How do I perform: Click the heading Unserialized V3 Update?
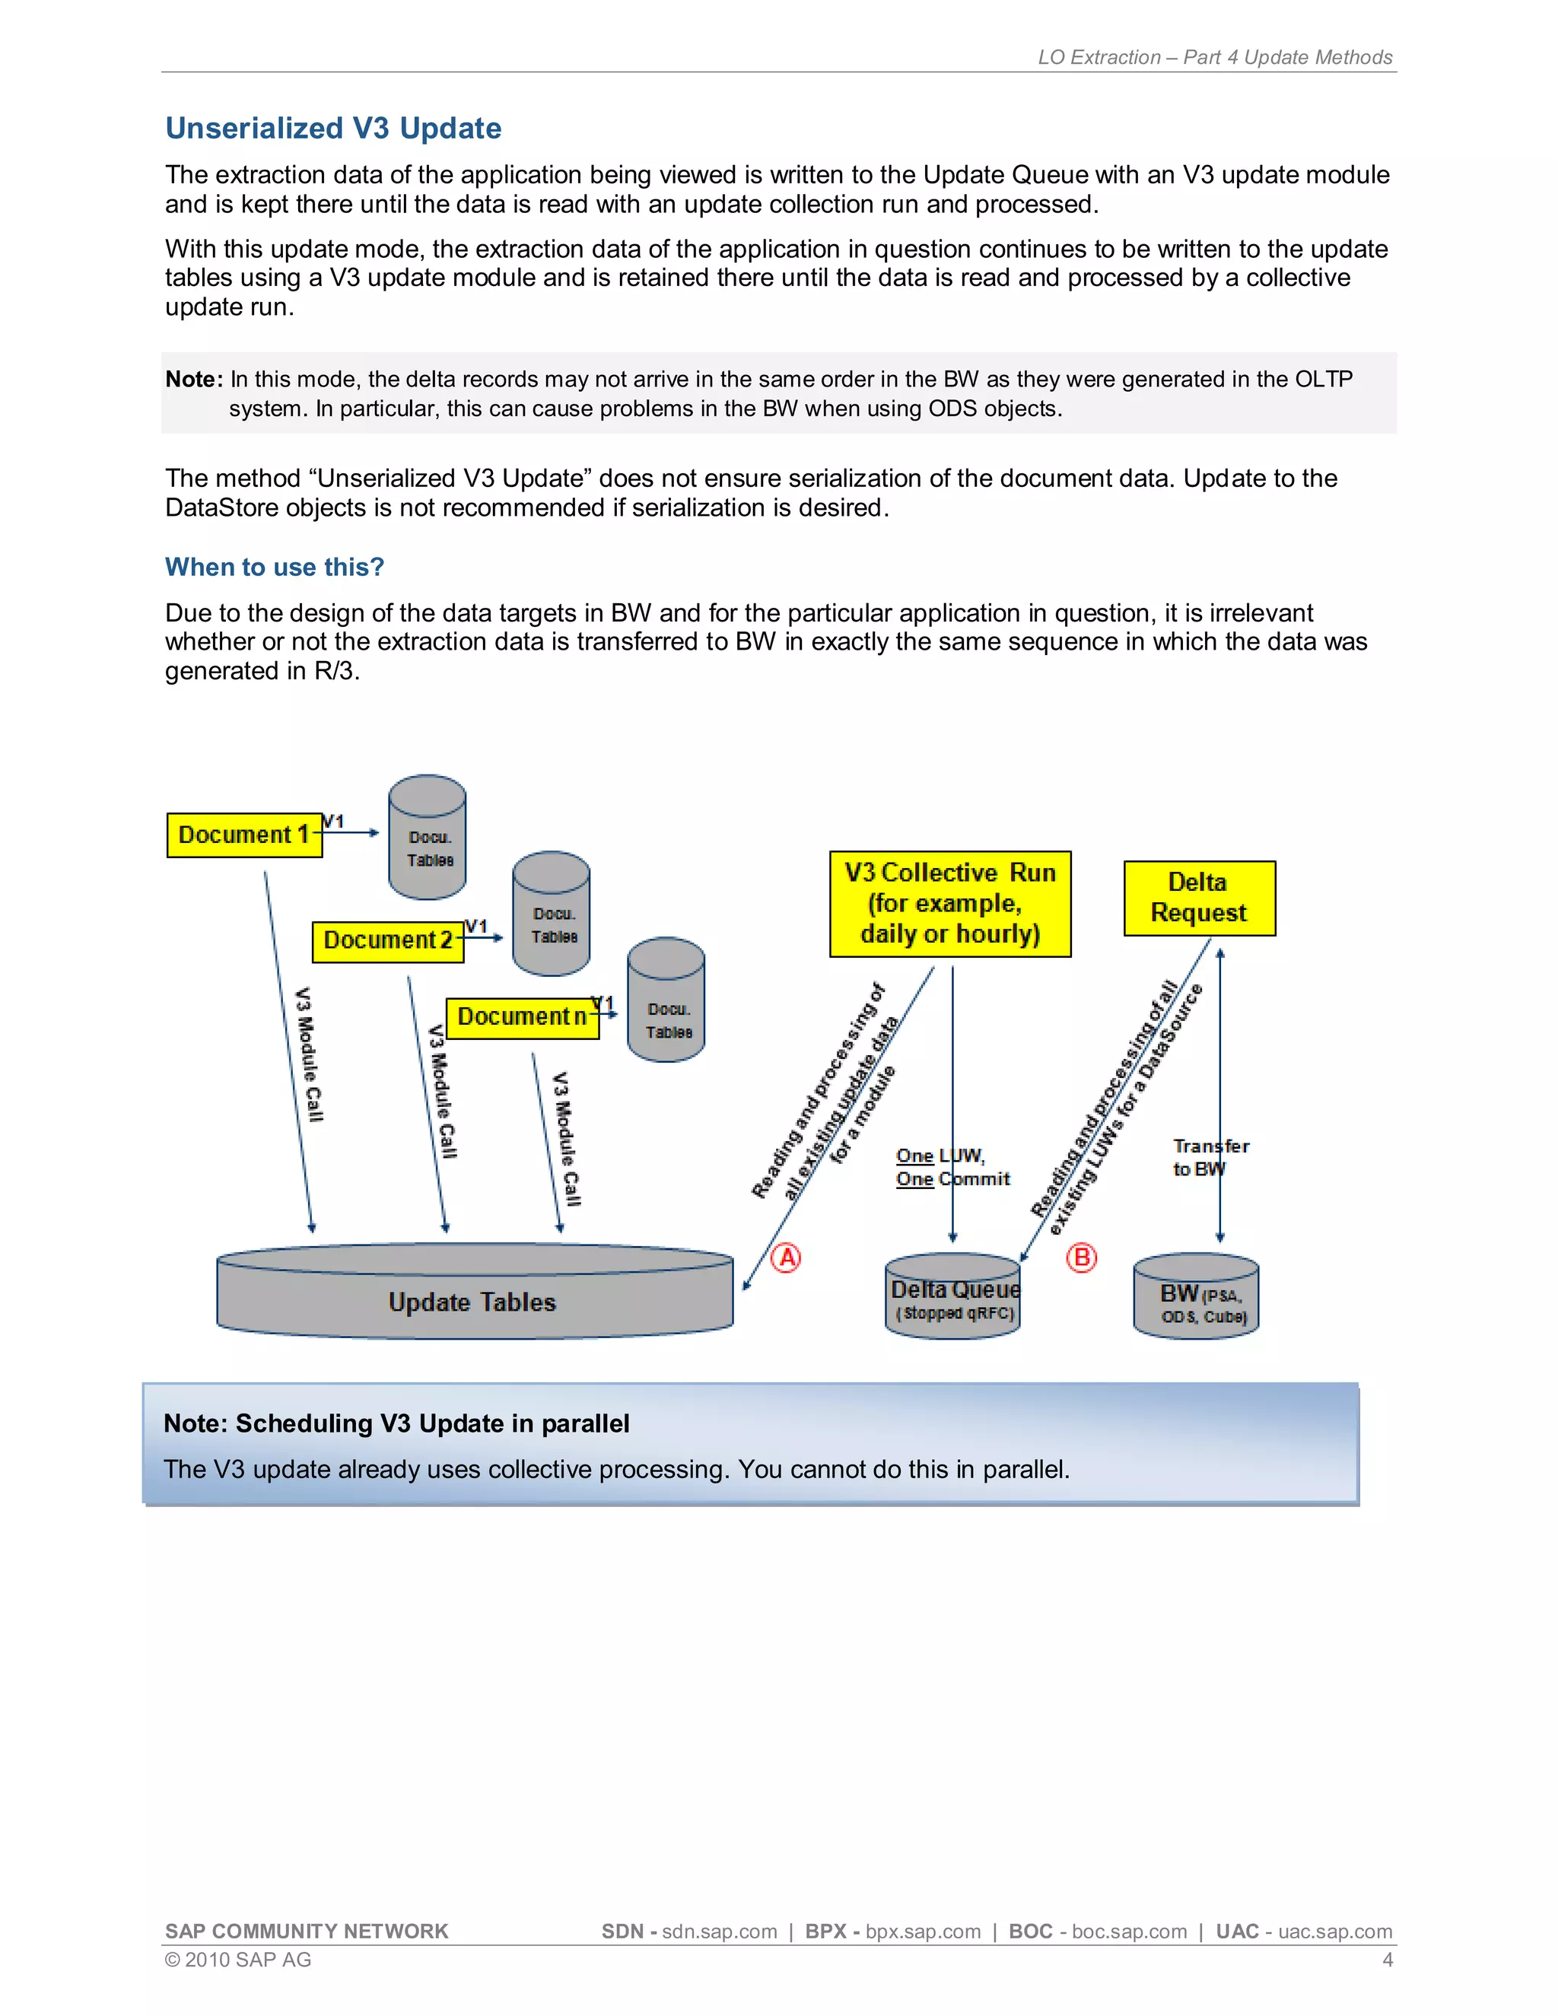(x=332, y=129)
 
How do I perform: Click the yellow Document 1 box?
(x=243, y=835)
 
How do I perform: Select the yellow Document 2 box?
(x=388, y=940)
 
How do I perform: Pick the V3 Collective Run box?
(x=949, y=903)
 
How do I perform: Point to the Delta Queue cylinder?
(x=953, y=1297)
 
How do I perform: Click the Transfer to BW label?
(x=1209, y=1156)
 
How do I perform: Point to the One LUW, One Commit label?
(x=951, y=1167)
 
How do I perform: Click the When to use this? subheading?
(x=274, y=567)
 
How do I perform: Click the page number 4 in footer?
(x=1386, y=1959)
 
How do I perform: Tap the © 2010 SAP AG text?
(x=237, y=1959)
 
